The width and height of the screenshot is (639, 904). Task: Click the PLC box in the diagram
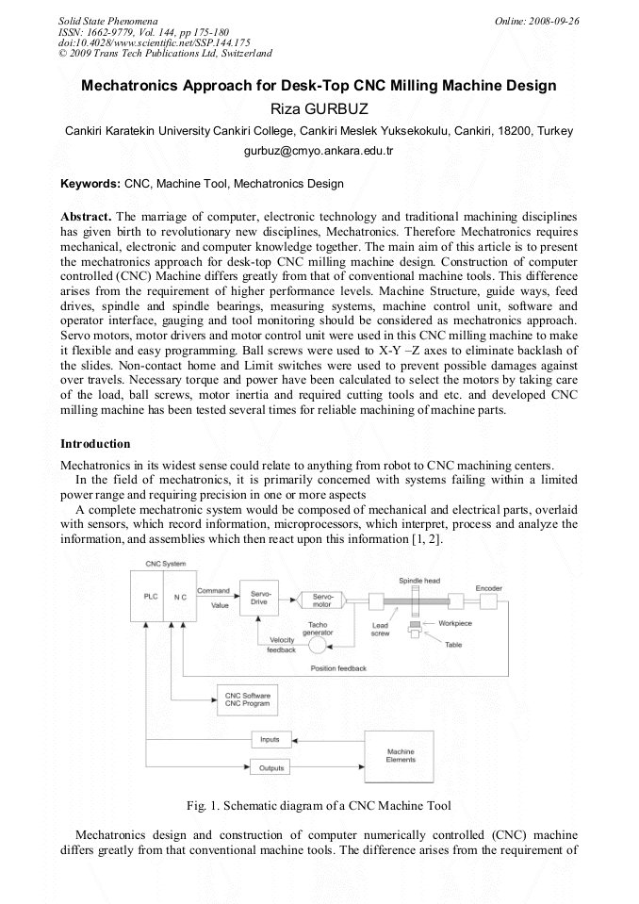(149, 598)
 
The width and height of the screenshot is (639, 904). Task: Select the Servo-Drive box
(260, 598)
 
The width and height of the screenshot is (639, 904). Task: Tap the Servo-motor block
(320, 600)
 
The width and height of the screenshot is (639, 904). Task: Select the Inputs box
(270, 740)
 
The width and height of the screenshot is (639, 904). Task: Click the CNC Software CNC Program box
(247, 699)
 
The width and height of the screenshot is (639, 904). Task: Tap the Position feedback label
(338, 668)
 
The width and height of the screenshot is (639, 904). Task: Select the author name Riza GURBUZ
(319, 107)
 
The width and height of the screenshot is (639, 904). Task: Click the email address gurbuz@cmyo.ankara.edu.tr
(319, 150)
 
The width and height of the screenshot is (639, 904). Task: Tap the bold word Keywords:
(90, 183)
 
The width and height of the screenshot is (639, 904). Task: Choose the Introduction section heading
(95, 443)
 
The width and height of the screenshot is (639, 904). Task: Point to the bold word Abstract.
(87, 216)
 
